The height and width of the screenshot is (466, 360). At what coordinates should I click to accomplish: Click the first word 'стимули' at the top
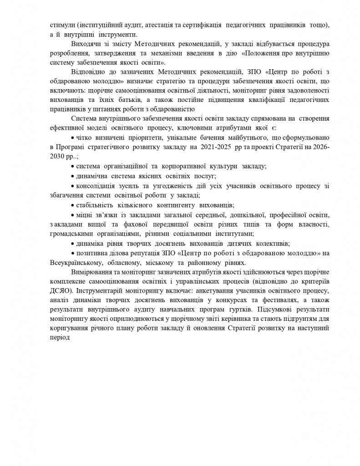coord(60,25)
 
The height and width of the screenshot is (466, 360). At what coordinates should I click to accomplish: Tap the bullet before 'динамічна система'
coord(73,176)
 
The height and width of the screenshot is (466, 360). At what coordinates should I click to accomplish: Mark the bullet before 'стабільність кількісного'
coord(73,205)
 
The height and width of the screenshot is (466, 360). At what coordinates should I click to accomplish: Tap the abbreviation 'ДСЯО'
coord(60,291)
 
